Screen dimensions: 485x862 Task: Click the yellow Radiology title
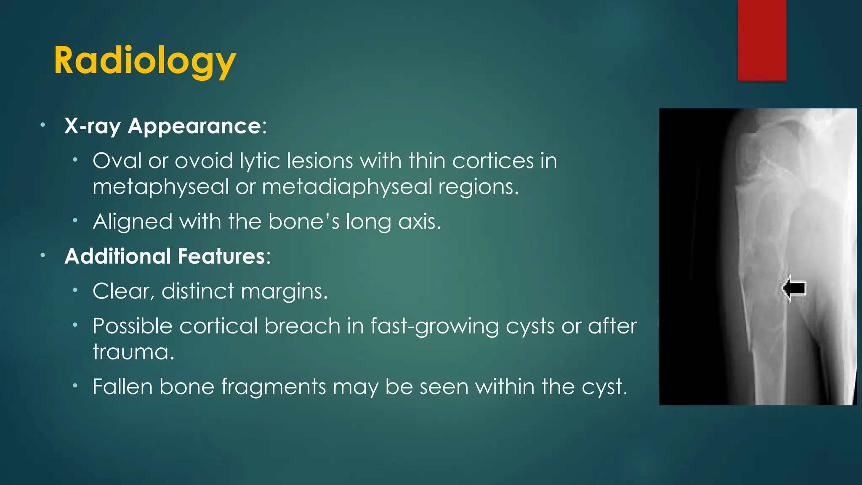(x=145, y=61)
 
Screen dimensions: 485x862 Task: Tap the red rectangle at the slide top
(x=762, y=40)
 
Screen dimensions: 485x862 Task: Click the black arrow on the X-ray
(x=795, y=288)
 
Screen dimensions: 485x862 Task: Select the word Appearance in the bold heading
(x=194, y=126)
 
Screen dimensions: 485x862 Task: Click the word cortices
(x=493, y=161)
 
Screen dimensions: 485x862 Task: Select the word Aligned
(x=133, y=221)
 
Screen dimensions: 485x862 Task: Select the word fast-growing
(x=434, y=326)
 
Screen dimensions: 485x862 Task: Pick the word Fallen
(x=122, y=386)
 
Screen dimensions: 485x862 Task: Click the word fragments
(x=274, y=386)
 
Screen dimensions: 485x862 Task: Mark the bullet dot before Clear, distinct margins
(x=75, y=290)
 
